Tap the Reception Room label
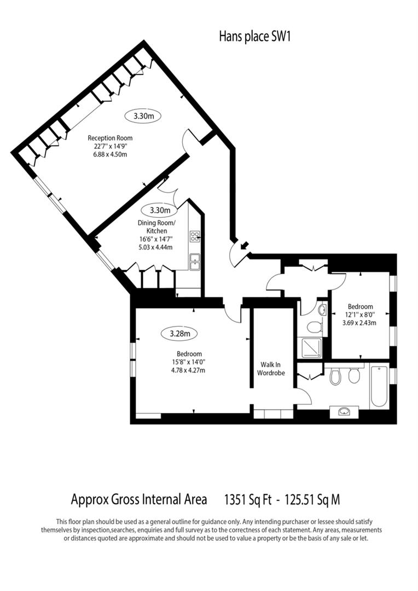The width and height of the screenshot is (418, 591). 110,138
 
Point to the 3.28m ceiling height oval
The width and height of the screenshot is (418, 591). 179,333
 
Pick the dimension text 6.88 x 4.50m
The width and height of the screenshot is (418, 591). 110,154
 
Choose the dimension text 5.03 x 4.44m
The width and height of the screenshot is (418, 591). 156,247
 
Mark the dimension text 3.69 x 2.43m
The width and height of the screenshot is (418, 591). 360,323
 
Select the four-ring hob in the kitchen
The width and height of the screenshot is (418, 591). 195,236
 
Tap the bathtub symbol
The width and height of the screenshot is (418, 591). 379,387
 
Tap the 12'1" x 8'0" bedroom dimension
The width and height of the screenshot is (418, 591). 360,315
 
